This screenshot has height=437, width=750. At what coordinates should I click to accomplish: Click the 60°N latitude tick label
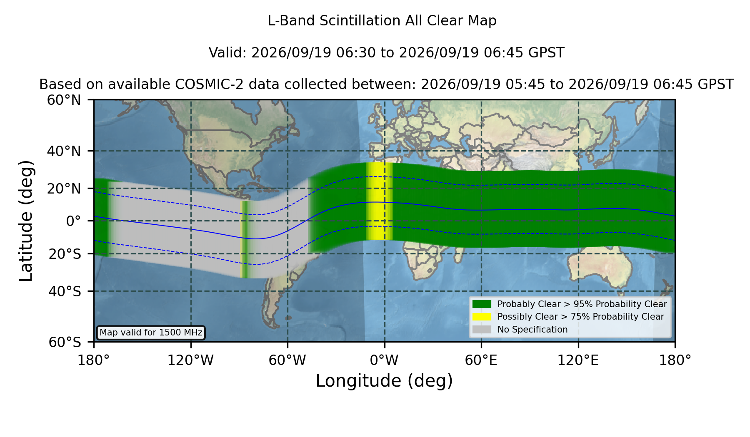coord(64,100)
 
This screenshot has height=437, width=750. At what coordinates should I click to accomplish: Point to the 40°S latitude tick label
coord(65,291)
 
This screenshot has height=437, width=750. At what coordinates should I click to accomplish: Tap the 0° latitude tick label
coord(73,221)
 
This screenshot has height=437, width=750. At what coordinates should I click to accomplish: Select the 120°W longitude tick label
coord(190,360)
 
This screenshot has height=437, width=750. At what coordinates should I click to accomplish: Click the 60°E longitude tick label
coord(481,360)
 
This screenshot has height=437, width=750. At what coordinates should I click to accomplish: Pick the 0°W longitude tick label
coord(384,360)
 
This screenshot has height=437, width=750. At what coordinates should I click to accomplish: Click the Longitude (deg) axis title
coord(384,381)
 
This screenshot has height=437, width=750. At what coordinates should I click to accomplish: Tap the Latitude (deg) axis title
coord(26,221)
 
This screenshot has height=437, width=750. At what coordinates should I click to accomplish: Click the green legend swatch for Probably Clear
coord(482,304)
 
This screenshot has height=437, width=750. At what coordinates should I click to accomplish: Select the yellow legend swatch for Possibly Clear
coord(482,316)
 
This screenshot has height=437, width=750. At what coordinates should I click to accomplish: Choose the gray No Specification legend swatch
coord(482,329)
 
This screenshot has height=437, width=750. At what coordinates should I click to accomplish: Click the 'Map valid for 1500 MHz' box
coord(151,333)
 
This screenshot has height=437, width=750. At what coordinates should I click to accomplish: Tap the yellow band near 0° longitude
coord(380,201)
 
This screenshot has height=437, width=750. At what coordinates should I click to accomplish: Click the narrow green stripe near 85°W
coord(245,239)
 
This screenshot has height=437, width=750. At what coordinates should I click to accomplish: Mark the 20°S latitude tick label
coord(65,254)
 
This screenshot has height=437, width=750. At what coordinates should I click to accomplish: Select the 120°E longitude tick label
coord(578,360)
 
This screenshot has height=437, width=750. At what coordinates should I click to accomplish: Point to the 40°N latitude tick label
coord(64,151)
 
